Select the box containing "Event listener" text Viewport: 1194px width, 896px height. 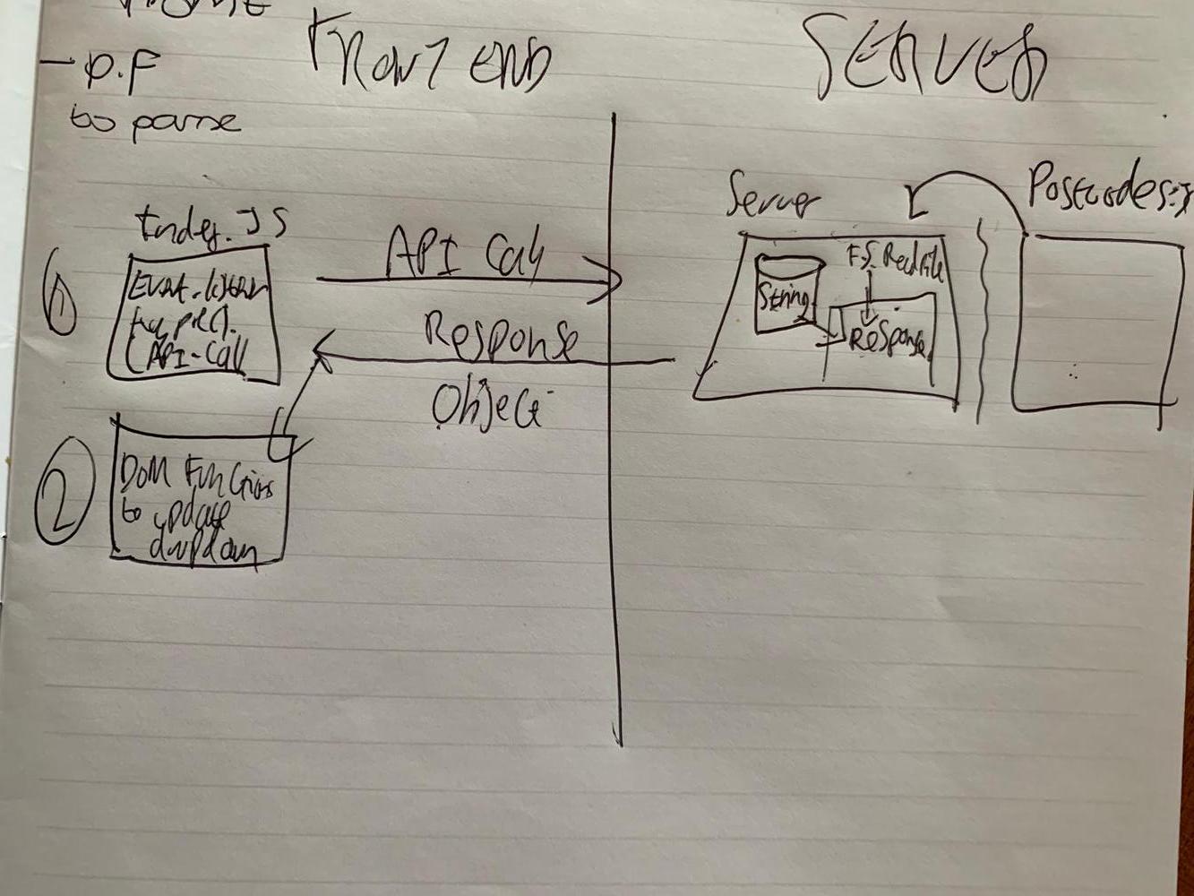(193, 318)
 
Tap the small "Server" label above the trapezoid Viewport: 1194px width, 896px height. (770, 197)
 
